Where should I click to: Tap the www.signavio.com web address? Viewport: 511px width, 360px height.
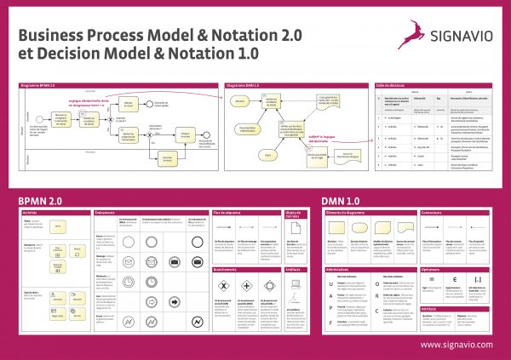click(456, 345)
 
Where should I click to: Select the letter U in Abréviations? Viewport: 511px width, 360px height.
click(329, 285)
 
